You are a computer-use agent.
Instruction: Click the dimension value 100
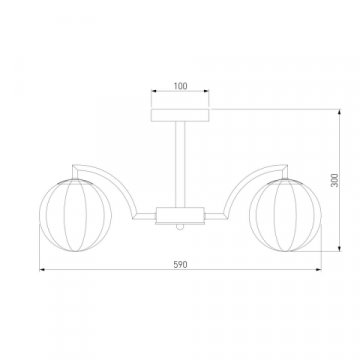(x=180, y=86)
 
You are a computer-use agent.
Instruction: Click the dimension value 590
(x=180, y=265)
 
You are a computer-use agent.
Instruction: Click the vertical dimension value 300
(x=335, y=180)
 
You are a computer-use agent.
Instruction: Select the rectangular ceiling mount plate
(x=180, y=115)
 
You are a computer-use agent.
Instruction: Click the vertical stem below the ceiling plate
(x=180, y=164)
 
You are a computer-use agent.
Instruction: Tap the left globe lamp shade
(x=75, y=215)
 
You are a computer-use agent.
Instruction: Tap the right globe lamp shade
(x=285, y=215)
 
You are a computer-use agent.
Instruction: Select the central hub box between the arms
(x=180, y=215)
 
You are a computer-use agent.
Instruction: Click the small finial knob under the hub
(x=180, y=227)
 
